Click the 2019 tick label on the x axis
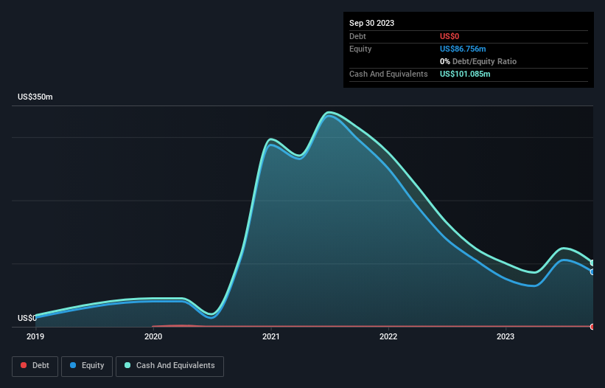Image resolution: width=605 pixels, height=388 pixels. pyautogui.click(x=35, y=336)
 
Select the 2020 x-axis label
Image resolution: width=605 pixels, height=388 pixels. pyautogui.click(x=153, y=336)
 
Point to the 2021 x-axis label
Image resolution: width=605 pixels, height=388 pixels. pyautogui.click(x=270, y=336)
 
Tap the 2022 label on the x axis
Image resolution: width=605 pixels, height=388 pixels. pyautogui.click(x=388, y=336)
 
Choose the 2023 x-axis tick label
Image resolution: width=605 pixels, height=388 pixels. pyautogui.click(x=506, y=336)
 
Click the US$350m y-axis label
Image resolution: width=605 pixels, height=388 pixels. pyautogui.click(x=35, y=97)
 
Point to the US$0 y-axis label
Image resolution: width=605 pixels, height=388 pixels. pyautogui.click(x=27, y=319)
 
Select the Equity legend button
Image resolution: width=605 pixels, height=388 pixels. pyautogui.click(x=87, y=366)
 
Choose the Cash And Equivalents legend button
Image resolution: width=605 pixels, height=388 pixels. pyautogui.click(x=169, y=366)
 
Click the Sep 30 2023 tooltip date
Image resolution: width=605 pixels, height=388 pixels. pyautogui.click(x=371, y=23)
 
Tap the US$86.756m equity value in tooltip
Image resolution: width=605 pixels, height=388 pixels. pyautogui.click(x=463, y=49)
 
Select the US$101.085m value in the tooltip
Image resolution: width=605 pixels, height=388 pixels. pyautogui.click(x=465, y=74)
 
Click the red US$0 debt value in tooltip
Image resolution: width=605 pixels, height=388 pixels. pyautogui.click(x=450, y=36)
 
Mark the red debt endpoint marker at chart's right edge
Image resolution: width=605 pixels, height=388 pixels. pyautogui.click(x=592, y=326)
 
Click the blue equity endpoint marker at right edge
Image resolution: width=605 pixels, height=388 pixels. pyautogui.click(x=592, y=271)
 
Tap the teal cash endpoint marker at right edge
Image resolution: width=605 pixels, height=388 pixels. pyautogui.click(x=592, y=263)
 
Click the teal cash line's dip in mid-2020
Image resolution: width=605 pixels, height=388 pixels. pyautogui.click(x=211, y=314)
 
